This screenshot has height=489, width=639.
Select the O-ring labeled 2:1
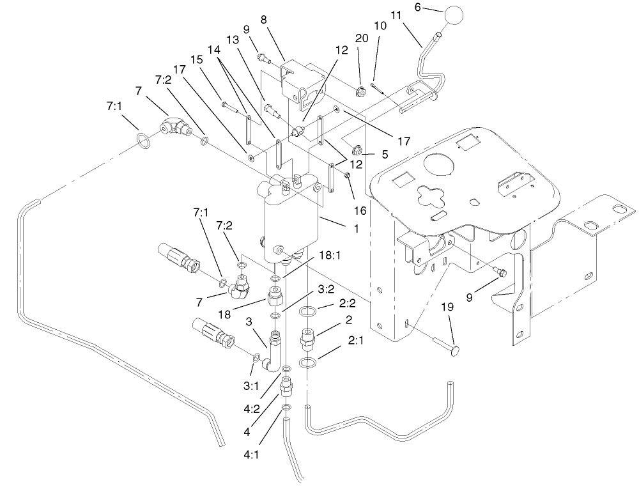[308, 364]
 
